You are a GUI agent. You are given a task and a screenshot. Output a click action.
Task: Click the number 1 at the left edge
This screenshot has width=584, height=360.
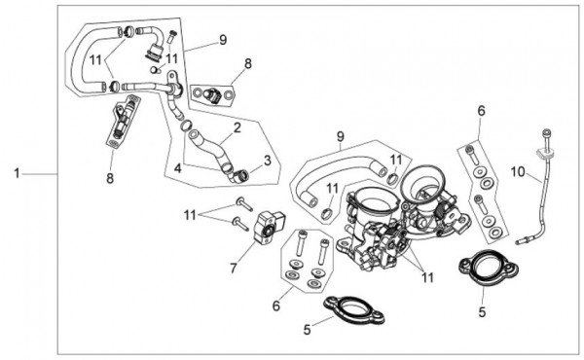pos(17,173)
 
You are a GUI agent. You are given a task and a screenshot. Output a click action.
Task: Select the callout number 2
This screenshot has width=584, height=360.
pos(237,128)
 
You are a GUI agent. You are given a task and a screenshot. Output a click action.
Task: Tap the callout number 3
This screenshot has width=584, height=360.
pos(268,161)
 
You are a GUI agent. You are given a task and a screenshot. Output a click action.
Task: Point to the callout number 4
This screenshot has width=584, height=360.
pos(178,168)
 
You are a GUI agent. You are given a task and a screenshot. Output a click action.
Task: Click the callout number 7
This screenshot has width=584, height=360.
pos(234,268)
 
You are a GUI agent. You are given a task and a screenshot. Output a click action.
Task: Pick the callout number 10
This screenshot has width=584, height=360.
pos(518,172)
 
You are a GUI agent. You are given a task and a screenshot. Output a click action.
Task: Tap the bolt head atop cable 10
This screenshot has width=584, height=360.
pos(547,131)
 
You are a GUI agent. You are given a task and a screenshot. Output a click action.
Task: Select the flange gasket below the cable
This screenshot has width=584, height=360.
pos(488,267)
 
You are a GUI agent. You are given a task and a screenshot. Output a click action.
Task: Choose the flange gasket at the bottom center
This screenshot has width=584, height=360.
pos(354,309)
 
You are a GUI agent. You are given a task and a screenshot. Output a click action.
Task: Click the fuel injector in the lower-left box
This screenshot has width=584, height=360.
pos(123,120)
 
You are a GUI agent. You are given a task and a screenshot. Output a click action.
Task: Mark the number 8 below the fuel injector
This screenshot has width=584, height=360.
pos(110,178)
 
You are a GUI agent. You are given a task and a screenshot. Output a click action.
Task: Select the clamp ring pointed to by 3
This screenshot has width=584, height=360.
pos(242,174)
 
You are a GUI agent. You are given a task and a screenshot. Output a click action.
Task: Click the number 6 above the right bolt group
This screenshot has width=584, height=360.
pos(482,111)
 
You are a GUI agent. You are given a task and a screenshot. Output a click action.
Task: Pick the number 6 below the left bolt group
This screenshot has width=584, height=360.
pos(276,306)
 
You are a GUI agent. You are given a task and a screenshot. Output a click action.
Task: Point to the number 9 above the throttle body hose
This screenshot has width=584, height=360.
pos(341,137)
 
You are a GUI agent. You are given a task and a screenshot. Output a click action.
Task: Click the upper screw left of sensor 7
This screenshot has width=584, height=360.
pos(244,204)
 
